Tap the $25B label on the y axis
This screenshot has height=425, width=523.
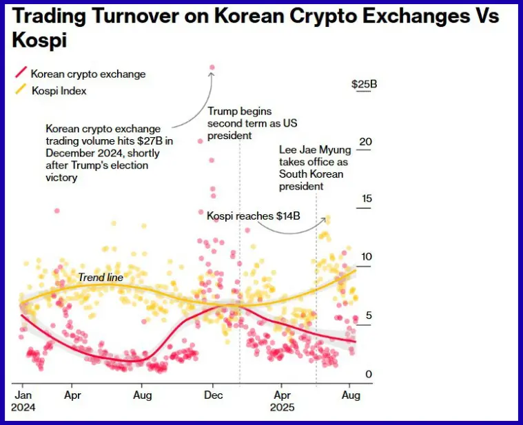pos(364,84)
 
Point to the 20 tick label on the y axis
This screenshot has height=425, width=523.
pos(365,142)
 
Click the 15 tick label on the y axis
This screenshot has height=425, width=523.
pos(366,199)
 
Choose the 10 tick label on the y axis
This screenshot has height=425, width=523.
pos(366,257)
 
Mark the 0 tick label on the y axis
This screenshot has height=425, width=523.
pos(369,374)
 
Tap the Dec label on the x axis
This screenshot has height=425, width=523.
pos(213,395)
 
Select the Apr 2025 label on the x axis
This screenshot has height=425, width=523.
pos(282,401)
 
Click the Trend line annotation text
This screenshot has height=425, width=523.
pos(101,277)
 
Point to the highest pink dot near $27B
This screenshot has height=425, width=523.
pos(212,68)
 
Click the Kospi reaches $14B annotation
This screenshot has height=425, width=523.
pos(254,216)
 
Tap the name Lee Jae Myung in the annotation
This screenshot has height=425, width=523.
pos(315,149)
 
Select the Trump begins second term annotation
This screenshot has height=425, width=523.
pos(240,123)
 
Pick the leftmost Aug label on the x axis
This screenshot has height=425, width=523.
pos(142,395)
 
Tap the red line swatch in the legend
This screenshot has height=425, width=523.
pos(21,73)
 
